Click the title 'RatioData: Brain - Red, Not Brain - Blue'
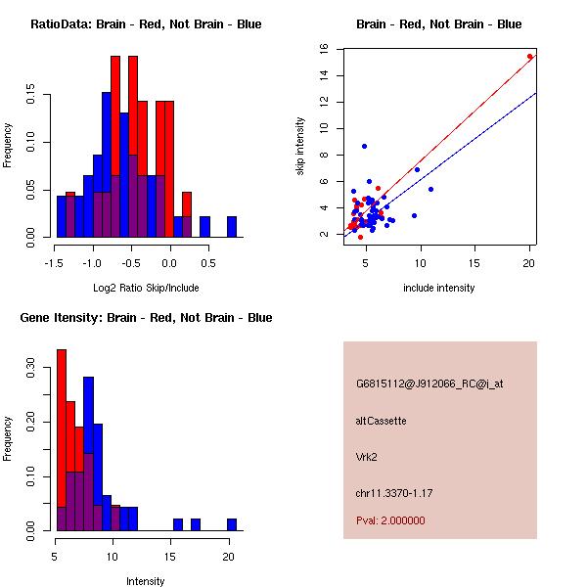tap(146, 24)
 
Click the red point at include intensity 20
tap(529, 57)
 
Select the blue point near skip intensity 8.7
tap(364, 146)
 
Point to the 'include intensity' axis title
tap(439, 288)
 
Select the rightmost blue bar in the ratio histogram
tap(232, 227)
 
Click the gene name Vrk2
tap(368, 456)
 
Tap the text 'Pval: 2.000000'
tap(390, 520)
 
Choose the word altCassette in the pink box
tap(381, 421)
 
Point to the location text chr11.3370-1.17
tap(394, 492)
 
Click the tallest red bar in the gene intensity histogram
tap(62, 440)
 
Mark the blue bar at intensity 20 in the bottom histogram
tap(231, 524)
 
